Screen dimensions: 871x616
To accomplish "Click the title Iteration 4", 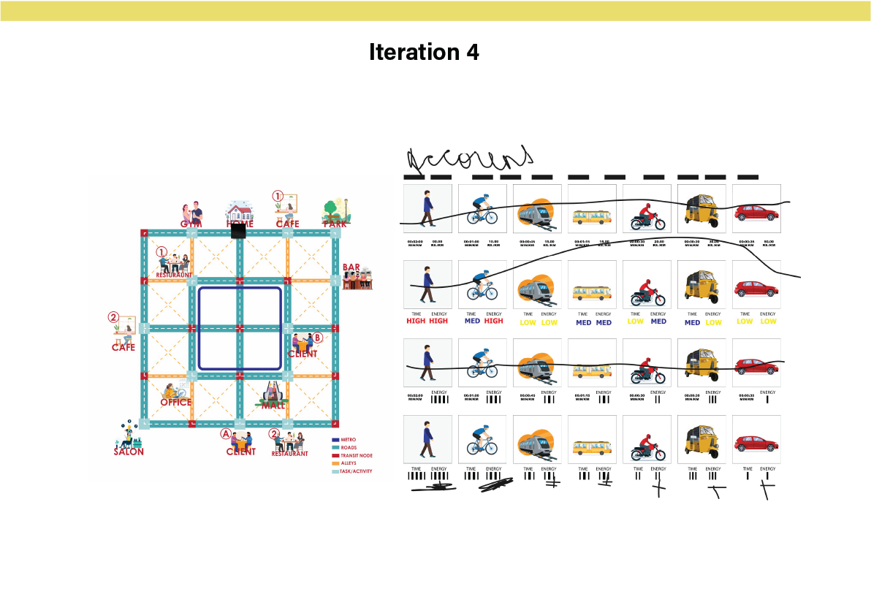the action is (424, 53).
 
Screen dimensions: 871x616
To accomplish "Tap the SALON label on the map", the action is (129, 452).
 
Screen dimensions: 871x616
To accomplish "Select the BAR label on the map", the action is (351, 267).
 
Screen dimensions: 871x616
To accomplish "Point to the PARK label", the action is (335, 224).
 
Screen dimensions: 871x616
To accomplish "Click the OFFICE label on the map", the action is (175, 402).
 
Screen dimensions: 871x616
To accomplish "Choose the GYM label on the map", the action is (191, 224).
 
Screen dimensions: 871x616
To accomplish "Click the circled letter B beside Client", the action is (317, 338).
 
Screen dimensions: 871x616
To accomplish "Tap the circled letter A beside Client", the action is (226, 433).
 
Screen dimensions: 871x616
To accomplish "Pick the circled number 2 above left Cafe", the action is (113, 318).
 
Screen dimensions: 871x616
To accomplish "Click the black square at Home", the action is (238, 231).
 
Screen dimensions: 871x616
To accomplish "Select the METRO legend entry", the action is (348, 439).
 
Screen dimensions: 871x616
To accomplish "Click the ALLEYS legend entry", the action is (348, 463).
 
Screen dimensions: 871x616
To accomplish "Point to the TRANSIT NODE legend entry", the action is (356, 455).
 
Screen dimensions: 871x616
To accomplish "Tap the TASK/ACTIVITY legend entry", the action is (356, 471).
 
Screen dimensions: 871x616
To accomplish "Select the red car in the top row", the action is (756, 213).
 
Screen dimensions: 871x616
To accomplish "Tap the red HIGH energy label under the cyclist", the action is (493, 321).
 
